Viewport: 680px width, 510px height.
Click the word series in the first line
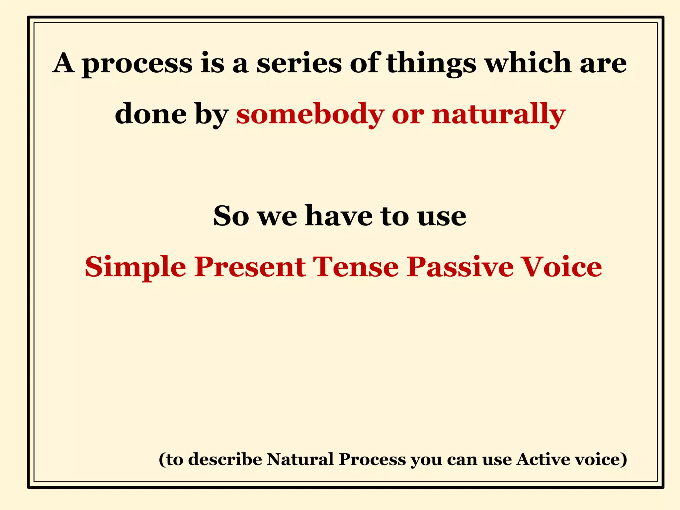coord(299,63)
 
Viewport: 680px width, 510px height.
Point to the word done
coord(151,114)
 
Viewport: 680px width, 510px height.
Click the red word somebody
coord(310,114)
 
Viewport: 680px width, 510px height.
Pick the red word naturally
coord(498,114)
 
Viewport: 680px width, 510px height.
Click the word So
coord(231,216)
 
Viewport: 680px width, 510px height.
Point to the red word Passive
coord(460,267)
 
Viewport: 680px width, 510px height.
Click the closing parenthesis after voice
coord(624,460)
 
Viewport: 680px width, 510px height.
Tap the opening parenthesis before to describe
coord(162,460)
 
